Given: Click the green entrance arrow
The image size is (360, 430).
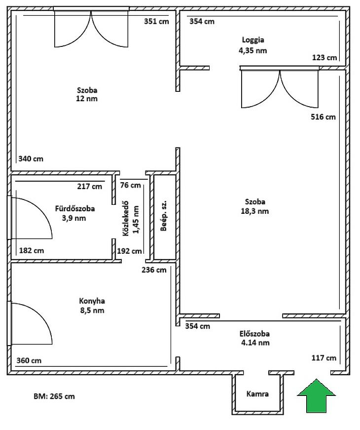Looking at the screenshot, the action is pyautogui.click(x=317, y=396).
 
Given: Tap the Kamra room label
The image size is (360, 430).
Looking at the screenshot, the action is pyautogui.click(x=257, y=394).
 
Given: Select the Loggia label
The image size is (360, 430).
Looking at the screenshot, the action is pyautogui.click(x=253, y=40).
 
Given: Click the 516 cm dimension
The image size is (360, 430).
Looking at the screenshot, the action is pyautogui.click(x=323, y=117).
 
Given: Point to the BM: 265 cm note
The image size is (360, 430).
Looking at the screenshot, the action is pyautogui.click(x=54, y=396).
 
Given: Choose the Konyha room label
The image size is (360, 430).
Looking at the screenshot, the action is pyautogui.click(x=92, y=301).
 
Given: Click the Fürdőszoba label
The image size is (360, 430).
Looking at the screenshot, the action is pyautogui.click(x=75, y=208).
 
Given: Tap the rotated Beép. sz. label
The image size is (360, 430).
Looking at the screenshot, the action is pyautogui.click(x=164, y=216).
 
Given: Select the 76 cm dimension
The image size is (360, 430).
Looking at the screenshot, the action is pyautogui.click(x=130, y=185).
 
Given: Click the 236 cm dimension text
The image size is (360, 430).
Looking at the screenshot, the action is pyautogui.click(x=154, y=270).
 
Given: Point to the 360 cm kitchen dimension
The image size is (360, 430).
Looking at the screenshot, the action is pyautogui.click(x=29, y=360).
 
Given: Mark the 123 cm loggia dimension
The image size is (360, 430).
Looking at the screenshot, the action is pyautogui.click(x=324, y=58).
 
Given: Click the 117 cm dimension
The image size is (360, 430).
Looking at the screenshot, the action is pyautogui.click(x=324, y=358).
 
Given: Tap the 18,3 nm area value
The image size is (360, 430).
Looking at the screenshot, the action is pyautogui.click(x=255, y=211).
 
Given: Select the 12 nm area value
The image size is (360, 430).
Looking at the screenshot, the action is pyautogui.click(x=87, y=99).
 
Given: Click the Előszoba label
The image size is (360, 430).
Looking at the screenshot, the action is pyautogui.click(x=254, y=334).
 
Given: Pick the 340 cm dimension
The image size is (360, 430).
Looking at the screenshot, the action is pyautogui.click(x=31, y=159).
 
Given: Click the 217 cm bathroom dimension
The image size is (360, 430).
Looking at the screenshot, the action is pyautogui.click(x=90, y=187).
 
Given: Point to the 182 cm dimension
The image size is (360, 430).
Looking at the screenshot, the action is pyautogui.click(x=32, y=250).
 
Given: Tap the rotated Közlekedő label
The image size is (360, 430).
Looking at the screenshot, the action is pyautogui.click(x=125, y=219).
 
